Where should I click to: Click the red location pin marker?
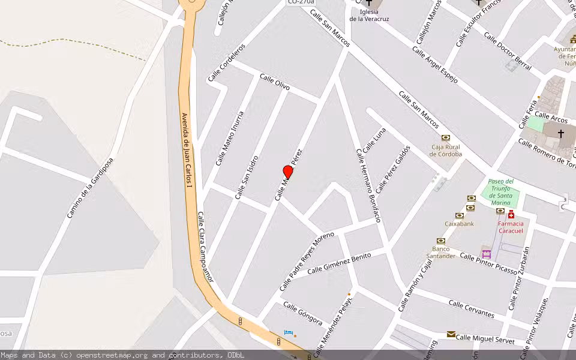[x=288, y=173]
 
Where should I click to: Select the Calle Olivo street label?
[x=274, y=83]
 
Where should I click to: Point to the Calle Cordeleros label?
[x=227, y=62]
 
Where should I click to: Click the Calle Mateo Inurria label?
[x=230, y=138]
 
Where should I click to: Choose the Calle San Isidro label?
[x=247, y=177]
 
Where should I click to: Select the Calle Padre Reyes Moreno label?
[x=307, y=261]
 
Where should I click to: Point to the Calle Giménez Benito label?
[x=339, y=263]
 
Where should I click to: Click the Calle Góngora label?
[x=303, y=314]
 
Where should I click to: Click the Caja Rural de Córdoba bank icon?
[x=446, y=138]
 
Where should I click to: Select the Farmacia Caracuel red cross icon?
[x=511, y=215]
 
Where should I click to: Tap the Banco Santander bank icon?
[x=440, y=241]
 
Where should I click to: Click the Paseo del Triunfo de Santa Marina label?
[x=500, y=191]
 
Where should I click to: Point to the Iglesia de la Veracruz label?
[x=369, y=15]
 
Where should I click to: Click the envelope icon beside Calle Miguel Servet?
[x=451, y=334]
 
